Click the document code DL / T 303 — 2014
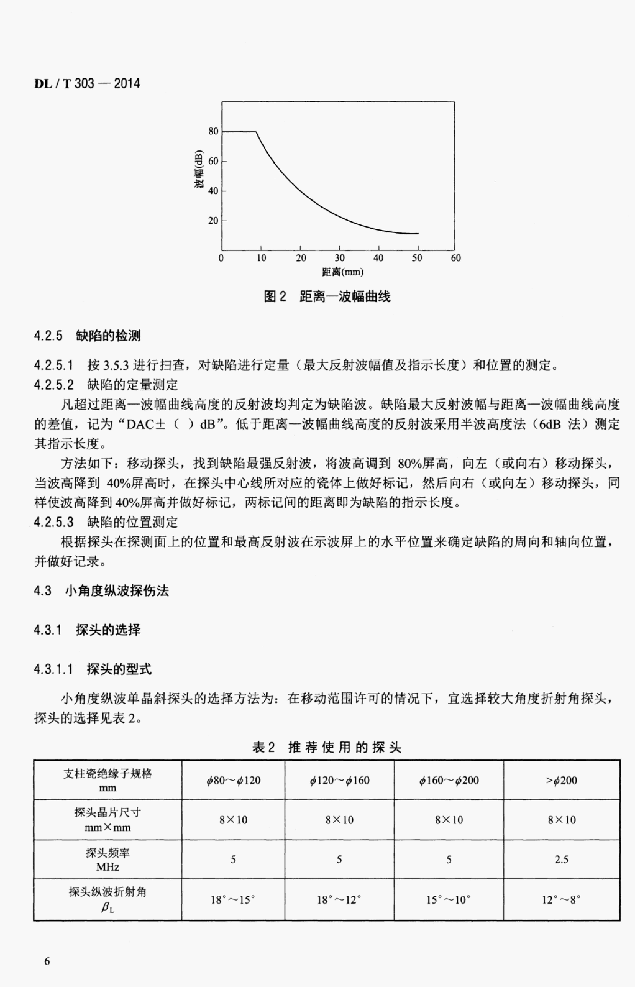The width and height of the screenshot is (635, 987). pos(87,84)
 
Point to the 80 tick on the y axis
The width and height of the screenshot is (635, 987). pos(213,132)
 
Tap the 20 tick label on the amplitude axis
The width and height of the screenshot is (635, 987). pos(213,221)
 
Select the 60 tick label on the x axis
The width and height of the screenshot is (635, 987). pos(456,258)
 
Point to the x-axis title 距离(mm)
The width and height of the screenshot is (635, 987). pos(343,272)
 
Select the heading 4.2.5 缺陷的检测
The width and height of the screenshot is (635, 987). pos(87,336)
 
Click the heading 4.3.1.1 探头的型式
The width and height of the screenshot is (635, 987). pos(93,669)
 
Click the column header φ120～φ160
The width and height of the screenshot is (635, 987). pos(339,780)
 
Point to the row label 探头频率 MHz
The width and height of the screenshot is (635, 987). pos(108,860)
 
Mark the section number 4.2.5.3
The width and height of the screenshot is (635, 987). pos(54,522)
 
